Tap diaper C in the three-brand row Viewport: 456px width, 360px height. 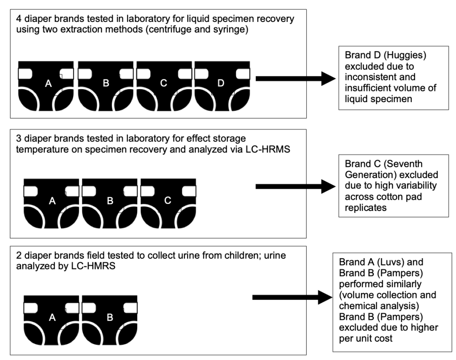coord(168,202)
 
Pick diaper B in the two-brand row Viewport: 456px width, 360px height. coord(110,319)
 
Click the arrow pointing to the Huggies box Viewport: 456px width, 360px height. coord(296,79)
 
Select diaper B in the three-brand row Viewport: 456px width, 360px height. coord(110,202)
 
